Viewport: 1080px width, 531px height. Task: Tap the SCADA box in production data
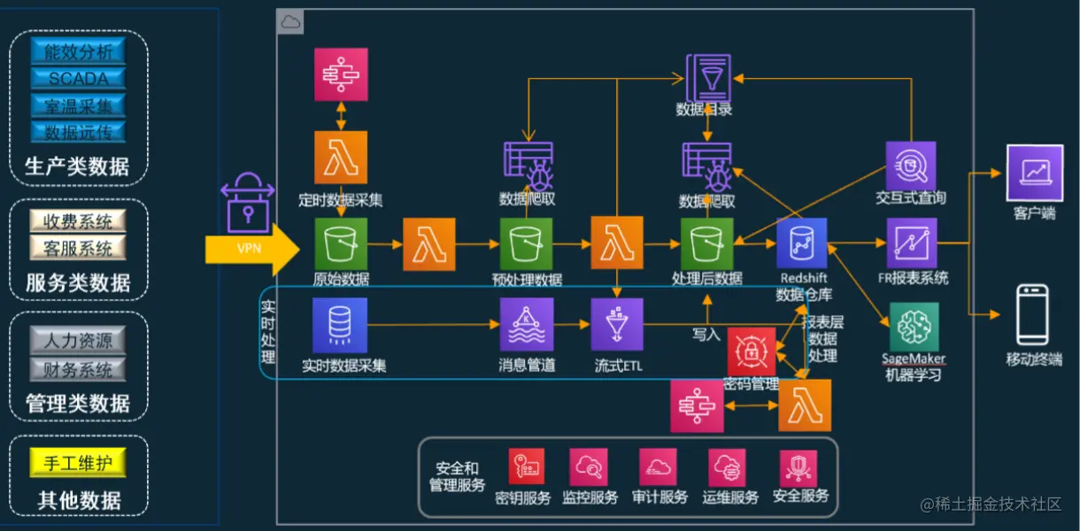coord(78,78)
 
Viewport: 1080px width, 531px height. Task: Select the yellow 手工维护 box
coord(78,461)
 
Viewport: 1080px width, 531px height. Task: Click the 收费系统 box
coord(78,220)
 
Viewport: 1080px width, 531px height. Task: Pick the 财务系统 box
coord(78,368)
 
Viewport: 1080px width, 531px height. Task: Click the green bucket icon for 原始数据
coord(341,244)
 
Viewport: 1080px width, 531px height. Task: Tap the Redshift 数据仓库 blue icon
coord(802,243)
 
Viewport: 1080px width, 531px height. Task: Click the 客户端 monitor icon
coord(1034,173)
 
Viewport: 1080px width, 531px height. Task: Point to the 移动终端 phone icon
coord(1032,315)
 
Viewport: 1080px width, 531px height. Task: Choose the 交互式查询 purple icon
coord(911,165)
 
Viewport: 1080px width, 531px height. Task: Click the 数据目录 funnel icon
coord(708,77)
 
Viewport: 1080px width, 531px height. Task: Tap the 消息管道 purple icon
coord(527,324)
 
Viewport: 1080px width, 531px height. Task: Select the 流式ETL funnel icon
coord(618,324)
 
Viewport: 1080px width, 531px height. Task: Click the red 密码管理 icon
coord(752,351)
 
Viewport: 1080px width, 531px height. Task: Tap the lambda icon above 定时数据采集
coord(341,158)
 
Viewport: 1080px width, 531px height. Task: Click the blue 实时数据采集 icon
coord(340,325)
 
